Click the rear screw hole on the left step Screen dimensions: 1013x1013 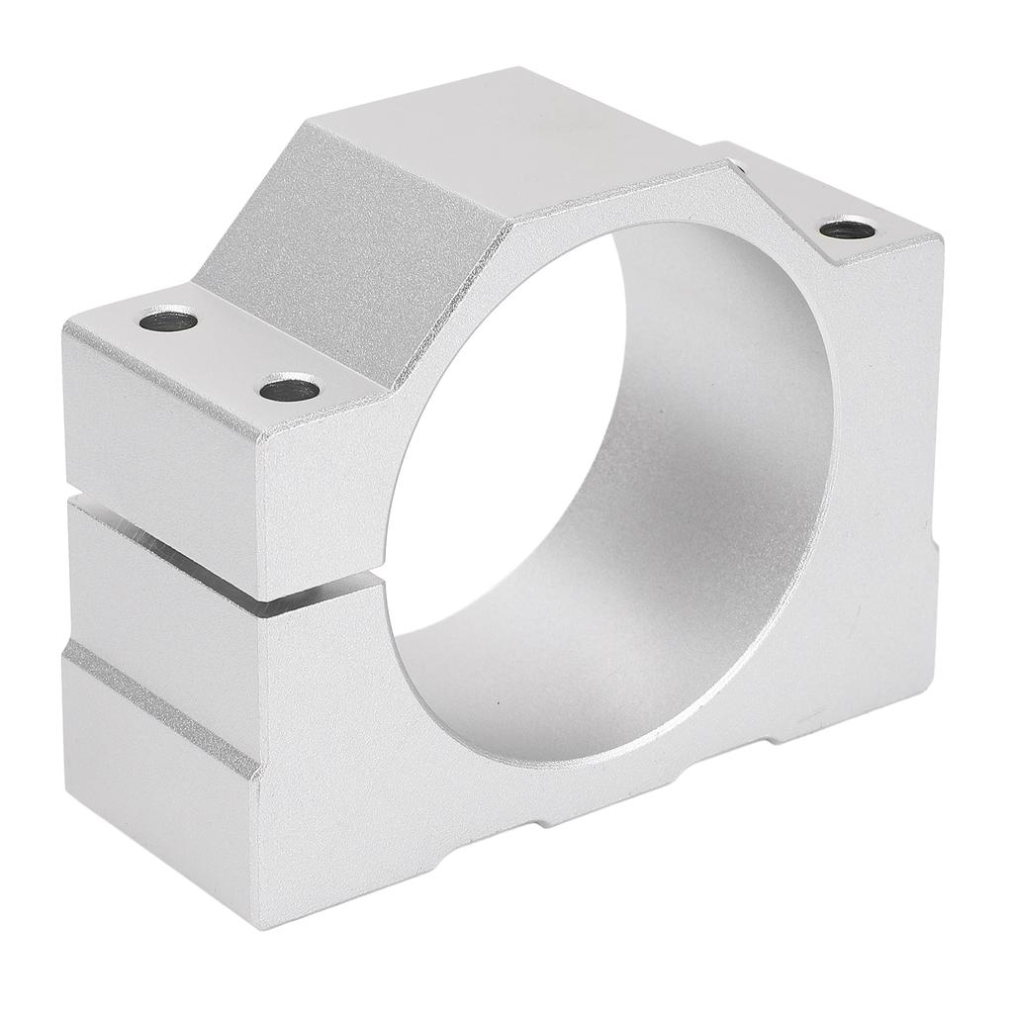169,321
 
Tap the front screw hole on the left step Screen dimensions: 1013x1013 289,389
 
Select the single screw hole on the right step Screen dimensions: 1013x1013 848,230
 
